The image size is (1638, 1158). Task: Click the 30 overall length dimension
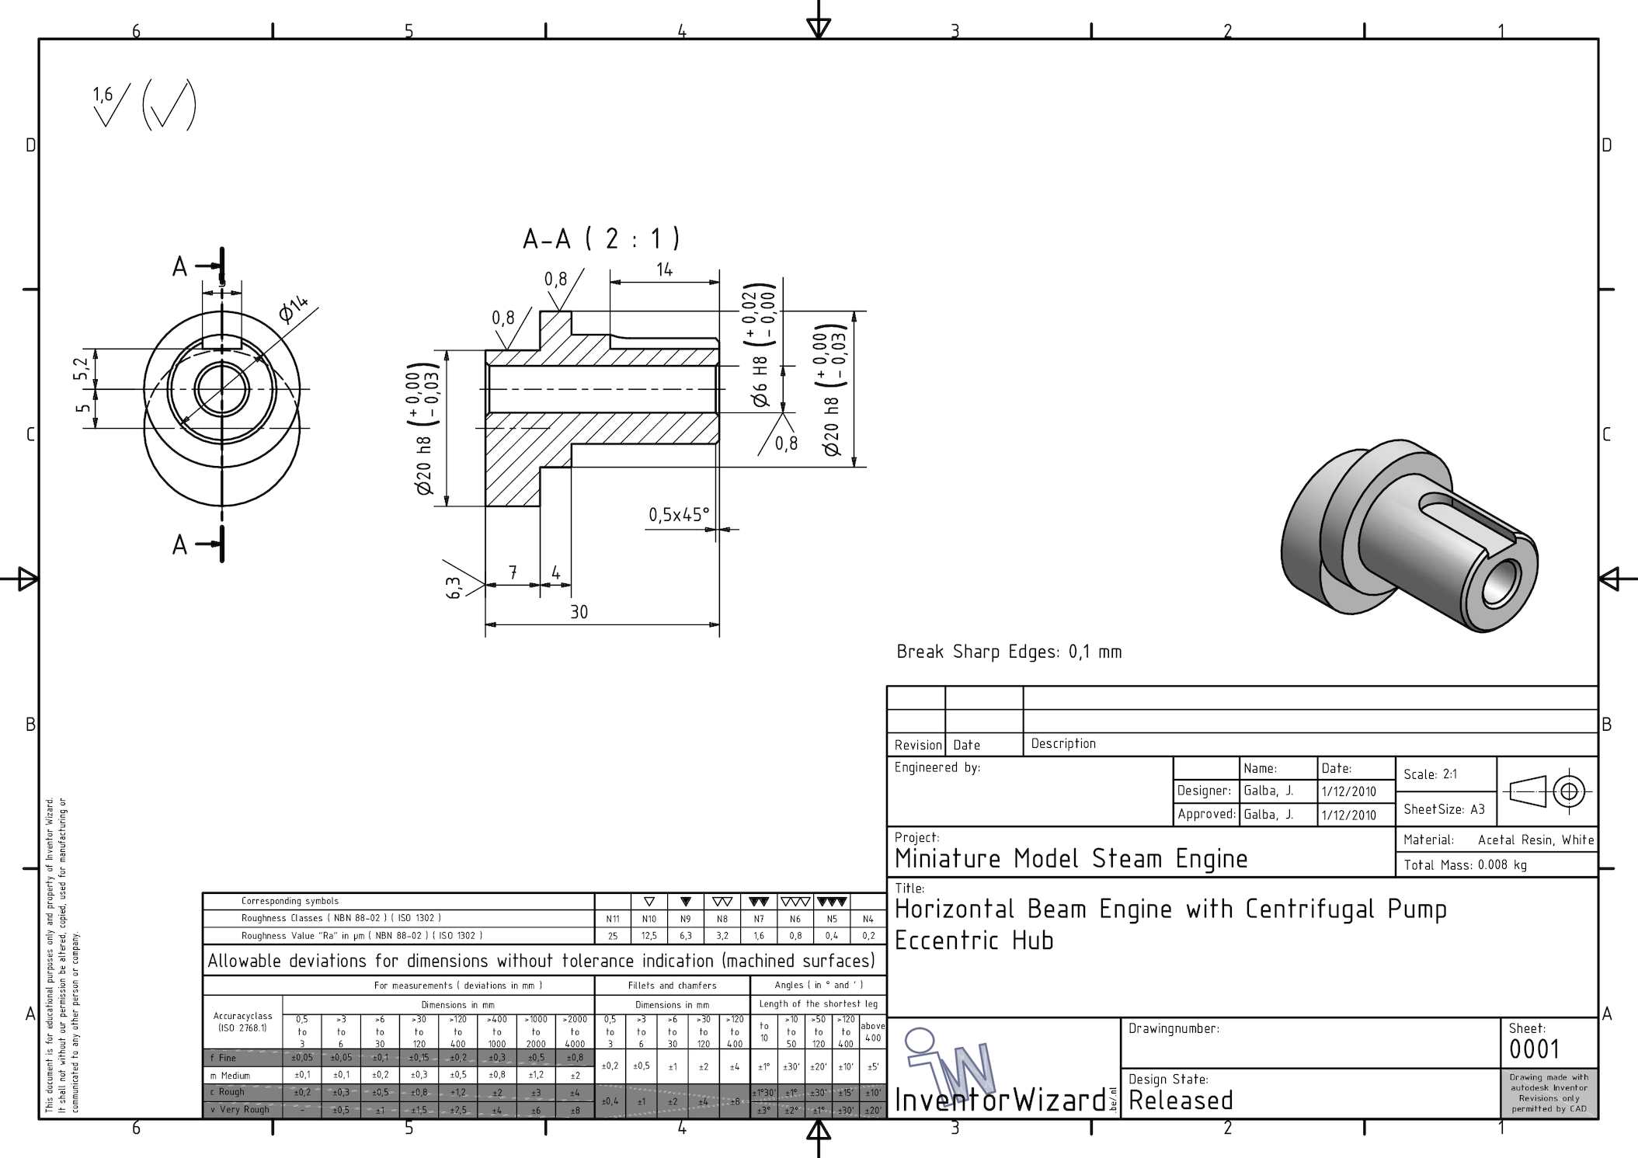click(x=579, y=612)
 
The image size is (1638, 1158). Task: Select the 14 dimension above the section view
click(x=664, y=270)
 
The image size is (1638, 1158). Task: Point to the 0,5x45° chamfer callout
click(x=679, y=515)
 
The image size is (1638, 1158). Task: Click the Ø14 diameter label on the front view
click(x=294, y=309)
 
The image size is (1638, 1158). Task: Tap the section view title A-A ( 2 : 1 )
click(x=601, y=238)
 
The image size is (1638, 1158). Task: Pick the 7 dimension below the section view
click(x=513, y=572)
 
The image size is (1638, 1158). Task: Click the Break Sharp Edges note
click(x=1009, y=652)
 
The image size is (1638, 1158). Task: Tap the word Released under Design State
click(x=1181, y=1101)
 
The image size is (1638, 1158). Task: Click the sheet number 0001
click(x=1534, y=1049)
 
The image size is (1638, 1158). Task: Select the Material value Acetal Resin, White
click(x=1535, y=840)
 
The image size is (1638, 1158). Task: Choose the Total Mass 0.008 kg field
click(x=1465, y=865)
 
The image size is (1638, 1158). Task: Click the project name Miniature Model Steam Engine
click(x=1071, y=859)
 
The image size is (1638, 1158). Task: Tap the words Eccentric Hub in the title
click(x=974, y=941)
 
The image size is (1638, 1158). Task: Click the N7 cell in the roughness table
click(x=759, y=919)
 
